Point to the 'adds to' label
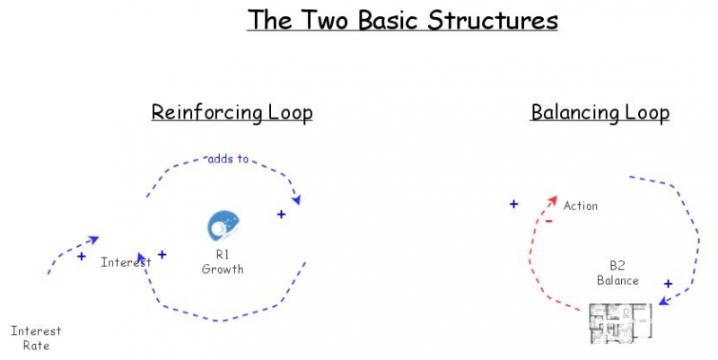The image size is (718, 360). [x=228, y=159]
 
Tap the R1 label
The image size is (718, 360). [x=222, y=255]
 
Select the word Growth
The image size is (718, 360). [x=222, y=268]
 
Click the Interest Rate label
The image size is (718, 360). [x=36, y=338]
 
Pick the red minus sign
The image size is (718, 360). [x=547, y=220]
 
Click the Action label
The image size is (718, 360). [x=580, y=206]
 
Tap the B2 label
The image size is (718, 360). [x=617, y=267]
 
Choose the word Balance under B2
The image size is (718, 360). [x=617, y=280]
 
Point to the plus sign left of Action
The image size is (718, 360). [x=513, y=204]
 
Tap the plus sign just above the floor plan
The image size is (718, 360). [x=668, y=284]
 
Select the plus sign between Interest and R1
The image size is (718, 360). [x=162, y=254]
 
